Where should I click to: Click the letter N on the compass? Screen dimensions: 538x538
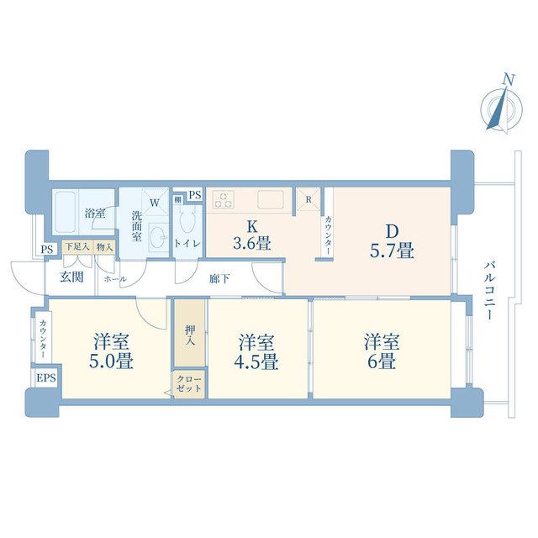point(509,80)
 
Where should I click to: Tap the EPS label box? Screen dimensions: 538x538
point(46,377)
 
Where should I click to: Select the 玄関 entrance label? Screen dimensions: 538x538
point(71,277)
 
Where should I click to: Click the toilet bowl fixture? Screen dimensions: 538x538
point(187,218)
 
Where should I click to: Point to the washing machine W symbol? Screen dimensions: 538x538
point(155,203)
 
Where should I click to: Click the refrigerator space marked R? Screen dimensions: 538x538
point(309,199)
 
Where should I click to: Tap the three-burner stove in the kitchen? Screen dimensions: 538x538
point(223,199)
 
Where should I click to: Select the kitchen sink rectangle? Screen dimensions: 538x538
point(271,199)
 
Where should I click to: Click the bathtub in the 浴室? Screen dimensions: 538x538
point(66,212)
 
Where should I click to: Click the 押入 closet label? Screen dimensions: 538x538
point(190,335)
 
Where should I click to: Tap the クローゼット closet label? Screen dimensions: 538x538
point(188,383)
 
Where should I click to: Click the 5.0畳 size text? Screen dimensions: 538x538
point(111,361)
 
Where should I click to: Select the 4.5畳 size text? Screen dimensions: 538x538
point(256,362)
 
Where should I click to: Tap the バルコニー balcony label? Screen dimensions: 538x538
point(489,291)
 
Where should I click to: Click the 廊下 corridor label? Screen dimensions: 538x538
point(219,278)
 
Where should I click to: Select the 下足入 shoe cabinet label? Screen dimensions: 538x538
point(77,246)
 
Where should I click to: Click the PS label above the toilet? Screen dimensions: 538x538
point(195,195)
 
